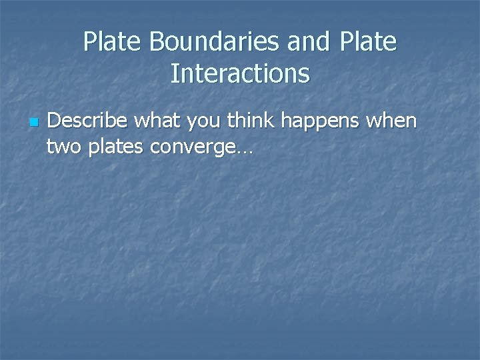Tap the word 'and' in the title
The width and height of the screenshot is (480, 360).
(309, 42)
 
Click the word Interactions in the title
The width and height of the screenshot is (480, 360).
(240, 73)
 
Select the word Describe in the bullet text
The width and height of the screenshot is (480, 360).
(88, 121)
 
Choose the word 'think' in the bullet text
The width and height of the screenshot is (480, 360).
(254, 121)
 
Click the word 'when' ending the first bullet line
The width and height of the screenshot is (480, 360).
(393, 121)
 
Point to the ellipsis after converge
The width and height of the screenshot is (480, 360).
(243, 151)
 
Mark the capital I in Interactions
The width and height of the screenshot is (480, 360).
(174, 73)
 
